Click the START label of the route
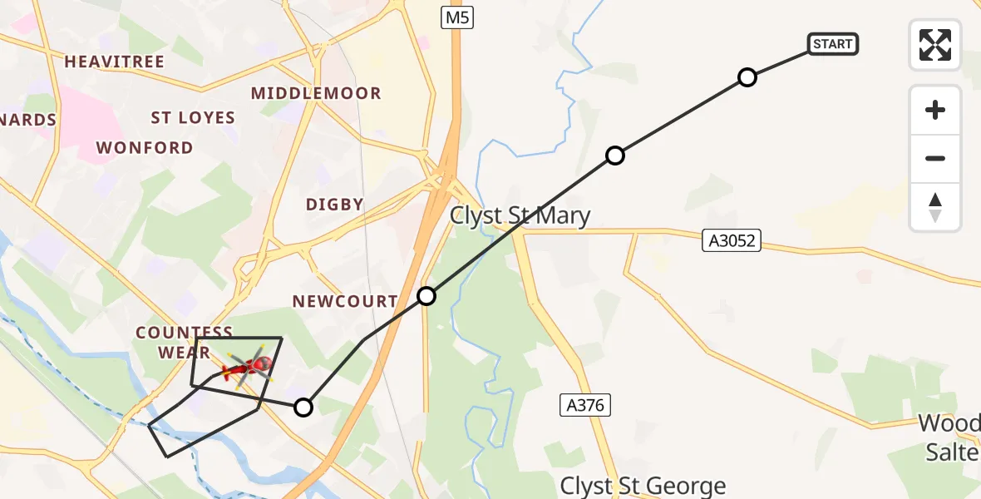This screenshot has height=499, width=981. click(833, 44)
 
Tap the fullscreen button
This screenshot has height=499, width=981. click(935, 45)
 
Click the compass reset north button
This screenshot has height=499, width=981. click(935, 207)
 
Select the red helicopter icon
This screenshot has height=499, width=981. click(249, 366)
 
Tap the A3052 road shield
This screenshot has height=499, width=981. click(731, 241)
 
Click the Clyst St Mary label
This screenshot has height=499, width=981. click(520, 216)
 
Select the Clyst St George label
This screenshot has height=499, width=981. click(643, 486)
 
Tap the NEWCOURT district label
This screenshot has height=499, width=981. click(345, 301)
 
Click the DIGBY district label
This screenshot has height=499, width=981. click(335, 205)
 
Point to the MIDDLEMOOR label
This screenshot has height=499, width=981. click(316, 93)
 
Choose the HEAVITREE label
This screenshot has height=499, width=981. click(114, 62)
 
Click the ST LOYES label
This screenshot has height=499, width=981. click(193, 118)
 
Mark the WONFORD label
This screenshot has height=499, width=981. click(145, 148)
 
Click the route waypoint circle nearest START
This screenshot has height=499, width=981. click(747, 78)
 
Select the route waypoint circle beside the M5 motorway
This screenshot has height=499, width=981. click(426, 296)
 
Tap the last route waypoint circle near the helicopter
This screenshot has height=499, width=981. click(303, 408)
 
